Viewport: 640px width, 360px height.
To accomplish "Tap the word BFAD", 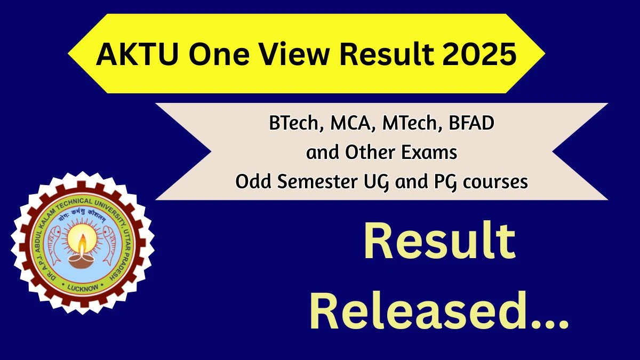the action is coord(471,123).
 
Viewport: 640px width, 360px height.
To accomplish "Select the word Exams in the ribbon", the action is coord(429,153).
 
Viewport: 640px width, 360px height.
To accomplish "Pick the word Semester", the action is coord(317,181).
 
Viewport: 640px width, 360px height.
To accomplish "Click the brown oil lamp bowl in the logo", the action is coord(82,261).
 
